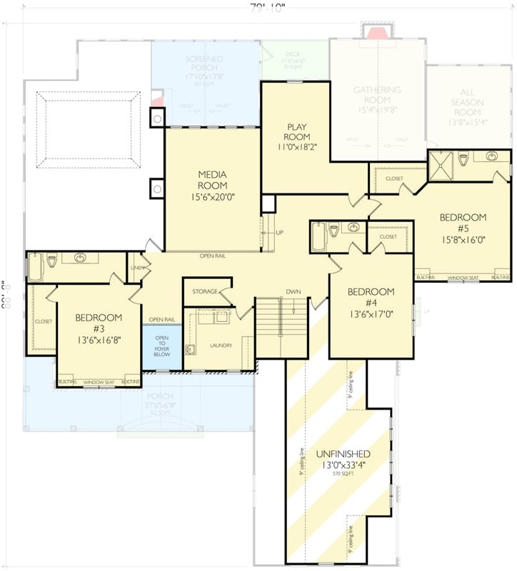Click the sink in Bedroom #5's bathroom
[x=491, y=156]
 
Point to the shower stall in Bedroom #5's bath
[x=441, y=166]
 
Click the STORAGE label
[x=206, y=291]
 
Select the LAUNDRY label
[x=221, y=345]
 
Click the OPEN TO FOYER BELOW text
[x=162, y=347]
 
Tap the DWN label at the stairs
[x=293, y=292]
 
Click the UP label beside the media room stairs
[x=279, y=233]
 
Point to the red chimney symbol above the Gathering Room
[x=376, y=31]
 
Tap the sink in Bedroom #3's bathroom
[x=80, y=258]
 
